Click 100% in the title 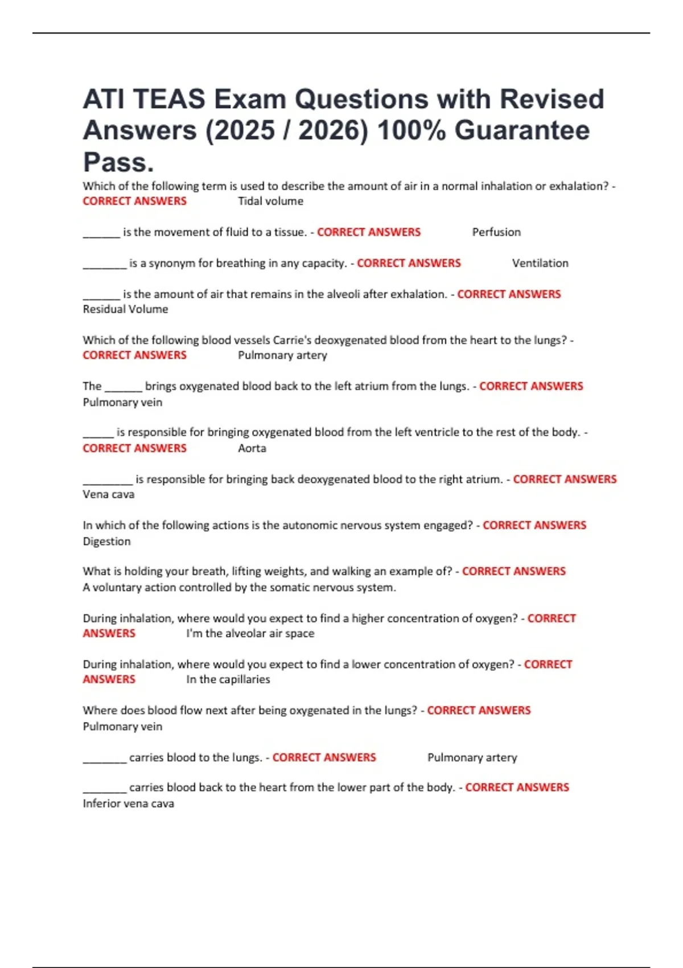click(411, 130)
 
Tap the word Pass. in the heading click(118, 162)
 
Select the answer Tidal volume click(270, 201)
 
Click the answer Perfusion click(496, 232)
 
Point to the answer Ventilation click(540, 263)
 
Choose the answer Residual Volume click(125, 309)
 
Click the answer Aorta click(252, 448)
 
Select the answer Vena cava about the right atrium click(109, 494)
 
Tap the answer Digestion click(106, 542)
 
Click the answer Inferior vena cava click(129, 803)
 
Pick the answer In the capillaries click(228, 679)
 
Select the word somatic click(292, 587)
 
